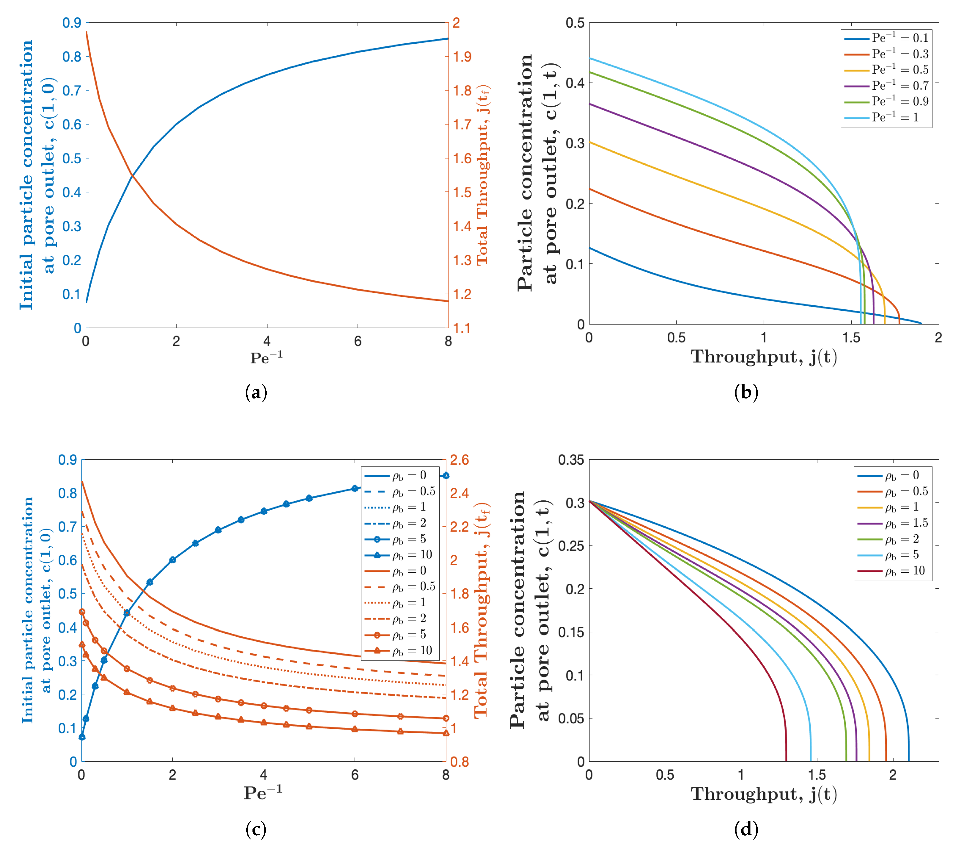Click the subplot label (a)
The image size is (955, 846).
[x=256, y=393]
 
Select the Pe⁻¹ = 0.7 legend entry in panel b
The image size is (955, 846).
[x=886, y=85]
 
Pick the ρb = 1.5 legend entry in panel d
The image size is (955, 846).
[x=892, y=523]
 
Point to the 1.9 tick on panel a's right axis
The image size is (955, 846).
[x=462, y=57]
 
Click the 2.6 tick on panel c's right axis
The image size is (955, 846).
[x=459, y=460]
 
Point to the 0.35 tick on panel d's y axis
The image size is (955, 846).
[x=571, y=460]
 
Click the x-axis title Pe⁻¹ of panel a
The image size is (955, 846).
[x=266, y=358]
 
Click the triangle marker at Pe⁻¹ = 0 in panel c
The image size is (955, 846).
[x=82, y=644]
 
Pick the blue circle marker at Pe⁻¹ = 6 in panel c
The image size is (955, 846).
[x=355, y=488]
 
